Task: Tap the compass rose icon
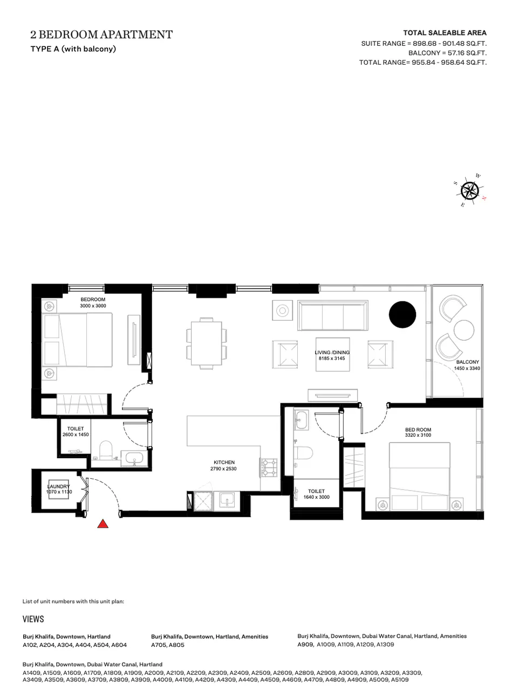click(470, 191)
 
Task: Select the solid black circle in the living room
click(402, 314)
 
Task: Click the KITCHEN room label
click(224, 463)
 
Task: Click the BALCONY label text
click(467, 362)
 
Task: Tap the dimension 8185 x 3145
click(332, 358)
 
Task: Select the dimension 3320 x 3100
click(418, 435)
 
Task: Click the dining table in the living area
click(207, 343)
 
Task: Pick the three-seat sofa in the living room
click(333, 315)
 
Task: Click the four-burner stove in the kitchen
click(269, 467)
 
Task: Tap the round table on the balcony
click(464, 330)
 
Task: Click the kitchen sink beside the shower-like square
click(227, 501)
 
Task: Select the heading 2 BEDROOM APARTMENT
click(101, 34)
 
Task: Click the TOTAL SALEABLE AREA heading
click(445, 33)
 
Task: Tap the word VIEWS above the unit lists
click(33, 619)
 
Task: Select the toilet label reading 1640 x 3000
click(316, 497)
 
